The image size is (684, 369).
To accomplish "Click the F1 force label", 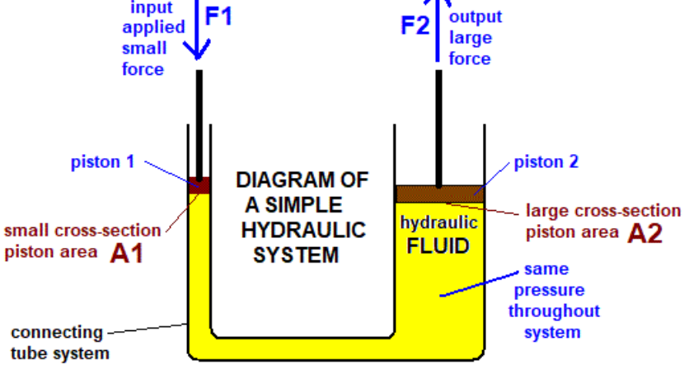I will click(x=220, y=17).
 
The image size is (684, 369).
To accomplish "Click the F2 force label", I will click(x=415, y=26).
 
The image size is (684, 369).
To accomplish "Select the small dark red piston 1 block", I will click(x=199, y=184).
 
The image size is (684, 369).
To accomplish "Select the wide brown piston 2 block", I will click(x=438, y=194).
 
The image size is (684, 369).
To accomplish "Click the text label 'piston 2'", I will click(x=546, y=161).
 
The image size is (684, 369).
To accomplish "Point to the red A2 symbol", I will click(x=644, y=234).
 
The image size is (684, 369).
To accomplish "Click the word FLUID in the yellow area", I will click(x=439, y=245).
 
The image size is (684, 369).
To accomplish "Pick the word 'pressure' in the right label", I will click(x=553, y=291).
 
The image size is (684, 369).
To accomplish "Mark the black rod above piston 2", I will click(x=438, y=124).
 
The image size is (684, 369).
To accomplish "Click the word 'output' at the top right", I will click(x=475, y=17).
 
